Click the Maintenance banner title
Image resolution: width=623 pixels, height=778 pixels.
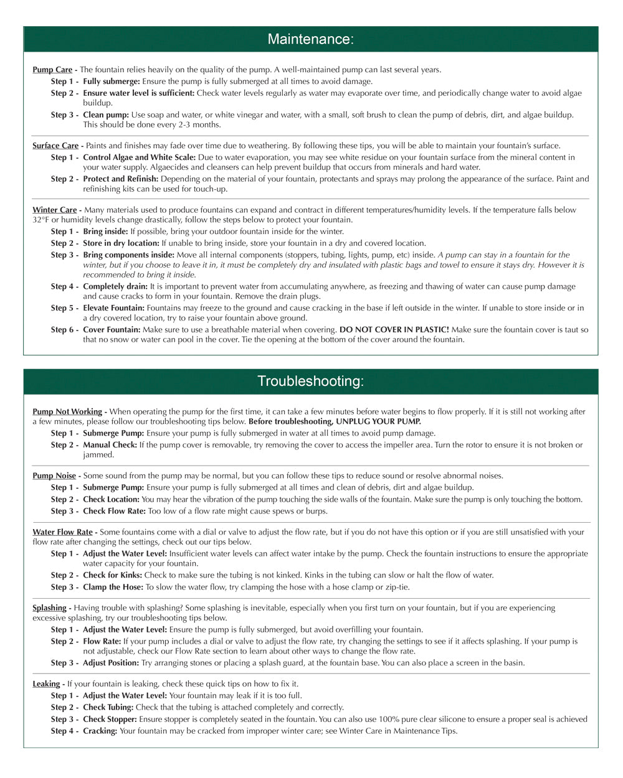(310, 39)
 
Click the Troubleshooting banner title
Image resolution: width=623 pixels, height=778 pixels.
(310, 381)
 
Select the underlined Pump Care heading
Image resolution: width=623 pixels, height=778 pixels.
(52, 70)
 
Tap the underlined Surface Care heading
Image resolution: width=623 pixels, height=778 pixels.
(55, 146)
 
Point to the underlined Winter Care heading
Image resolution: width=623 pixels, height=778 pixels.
(54, 210)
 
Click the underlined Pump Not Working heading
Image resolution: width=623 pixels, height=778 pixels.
(67, 411)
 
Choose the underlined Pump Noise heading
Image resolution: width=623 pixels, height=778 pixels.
(54, 476)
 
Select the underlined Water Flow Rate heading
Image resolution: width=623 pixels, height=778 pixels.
(62, 532)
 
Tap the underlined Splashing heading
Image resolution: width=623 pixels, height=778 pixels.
(49, 607)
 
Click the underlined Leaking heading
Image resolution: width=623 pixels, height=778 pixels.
(46, 683)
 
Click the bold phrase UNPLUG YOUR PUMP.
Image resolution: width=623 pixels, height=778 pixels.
(370, 421)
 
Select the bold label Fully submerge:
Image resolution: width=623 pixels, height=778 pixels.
(112, 82)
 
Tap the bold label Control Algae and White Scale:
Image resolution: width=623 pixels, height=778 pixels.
(139, 157)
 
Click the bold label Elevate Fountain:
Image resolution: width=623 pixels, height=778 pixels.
(113, 308)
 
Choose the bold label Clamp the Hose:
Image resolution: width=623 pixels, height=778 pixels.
(113, 587)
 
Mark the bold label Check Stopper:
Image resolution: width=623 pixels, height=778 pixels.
(110, 719)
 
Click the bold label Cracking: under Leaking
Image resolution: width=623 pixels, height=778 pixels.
(100, 731)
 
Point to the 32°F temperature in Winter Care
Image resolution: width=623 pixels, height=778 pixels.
(40, 220)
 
